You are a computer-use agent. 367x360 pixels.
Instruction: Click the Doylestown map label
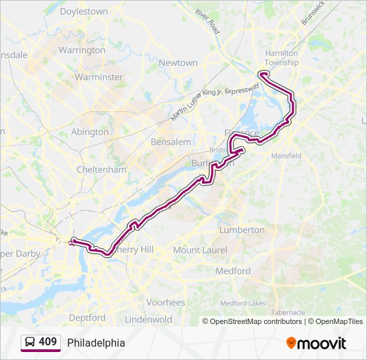click(83, 11)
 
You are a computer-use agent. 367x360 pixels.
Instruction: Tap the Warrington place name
click(81, 50)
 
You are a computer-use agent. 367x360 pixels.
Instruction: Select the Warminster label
click(99, 77)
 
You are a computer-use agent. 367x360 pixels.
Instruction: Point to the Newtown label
click(178, 63)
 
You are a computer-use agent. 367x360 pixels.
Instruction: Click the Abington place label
click(89, 131)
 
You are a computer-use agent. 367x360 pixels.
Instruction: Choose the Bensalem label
click(171, 142)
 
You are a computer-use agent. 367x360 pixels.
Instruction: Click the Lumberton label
click(242, 229)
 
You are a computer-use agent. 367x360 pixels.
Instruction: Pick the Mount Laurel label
click(200, 249)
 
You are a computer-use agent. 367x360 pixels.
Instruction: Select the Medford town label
click(233, 271)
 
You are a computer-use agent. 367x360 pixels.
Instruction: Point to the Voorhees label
click(165, 302)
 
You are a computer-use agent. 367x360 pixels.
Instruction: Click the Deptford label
click(87, 317)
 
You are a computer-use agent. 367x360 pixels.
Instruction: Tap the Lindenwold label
click(149, 319)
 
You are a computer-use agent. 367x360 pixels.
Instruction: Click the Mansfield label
click(286, 155)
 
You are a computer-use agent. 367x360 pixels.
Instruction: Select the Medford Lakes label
click(244, 303)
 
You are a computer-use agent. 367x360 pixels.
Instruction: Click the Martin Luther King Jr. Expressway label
click(214, 102)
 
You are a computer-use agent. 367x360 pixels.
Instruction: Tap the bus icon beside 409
click(30, 342)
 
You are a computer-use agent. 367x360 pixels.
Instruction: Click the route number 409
click(47, 341)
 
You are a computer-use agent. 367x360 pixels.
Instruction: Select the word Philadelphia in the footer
click(95, 343)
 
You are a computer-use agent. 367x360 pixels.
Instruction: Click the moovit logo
click(316, 343)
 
